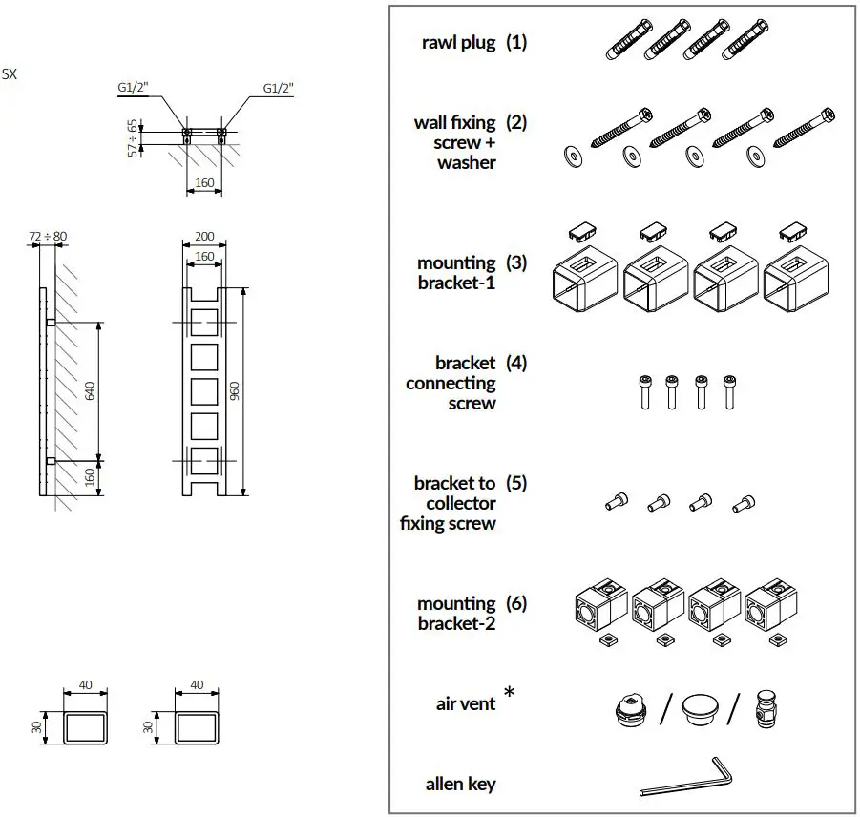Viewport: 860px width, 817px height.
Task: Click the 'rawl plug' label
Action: coord(459,43)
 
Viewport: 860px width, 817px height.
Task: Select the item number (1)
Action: coord(516,42)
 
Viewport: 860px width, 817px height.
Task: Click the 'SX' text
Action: coord(10,73)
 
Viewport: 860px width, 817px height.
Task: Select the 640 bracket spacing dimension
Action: coord(92,391)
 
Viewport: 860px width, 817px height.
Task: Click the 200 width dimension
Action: coord(204,236)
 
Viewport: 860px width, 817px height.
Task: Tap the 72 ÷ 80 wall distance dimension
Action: coord(47,236)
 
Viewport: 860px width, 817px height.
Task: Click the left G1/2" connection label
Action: coord(133,88)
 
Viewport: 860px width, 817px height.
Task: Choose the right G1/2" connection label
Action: coord(278,88)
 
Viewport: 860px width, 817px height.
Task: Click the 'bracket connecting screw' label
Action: coord(451,383)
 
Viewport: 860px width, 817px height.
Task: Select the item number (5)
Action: coord(516,483)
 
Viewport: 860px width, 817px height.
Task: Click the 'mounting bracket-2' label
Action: coord(456,613)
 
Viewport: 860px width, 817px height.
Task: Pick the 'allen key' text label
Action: coord(460,784)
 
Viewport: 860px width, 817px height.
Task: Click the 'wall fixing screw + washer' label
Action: coord(456,142)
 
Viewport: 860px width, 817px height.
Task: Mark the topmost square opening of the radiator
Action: coord(204,322)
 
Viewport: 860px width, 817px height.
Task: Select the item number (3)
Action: coord(516,262)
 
